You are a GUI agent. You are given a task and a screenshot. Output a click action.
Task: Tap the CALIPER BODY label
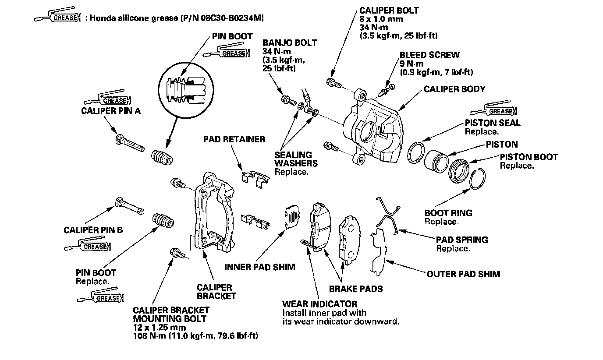click(x=454, y=89)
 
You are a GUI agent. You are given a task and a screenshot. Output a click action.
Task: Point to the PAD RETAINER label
click(x=234, y=139)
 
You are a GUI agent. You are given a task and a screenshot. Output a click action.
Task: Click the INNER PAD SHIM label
click(x=260, y=267)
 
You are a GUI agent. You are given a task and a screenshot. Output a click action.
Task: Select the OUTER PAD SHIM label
click(x=463, y=274)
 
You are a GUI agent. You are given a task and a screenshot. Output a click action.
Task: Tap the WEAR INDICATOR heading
click(x=319, y=304)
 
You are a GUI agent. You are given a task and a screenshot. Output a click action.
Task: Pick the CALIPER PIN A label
click(x=110, y=111)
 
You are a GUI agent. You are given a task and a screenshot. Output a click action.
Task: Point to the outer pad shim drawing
click(x=377, y=251)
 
